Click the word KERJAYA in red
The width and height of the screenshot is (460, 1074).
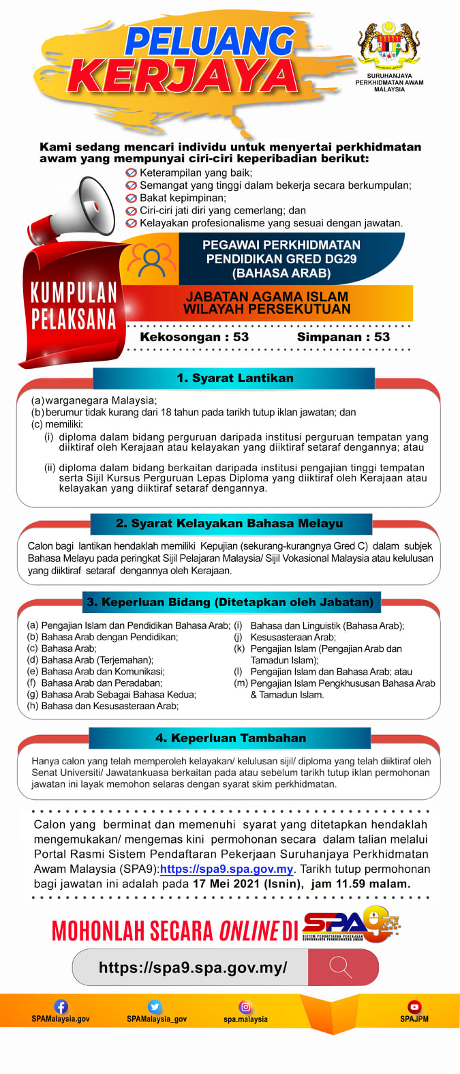[x=183, y=75]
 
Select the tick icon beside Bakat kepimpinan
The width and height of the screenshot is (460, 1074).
[x=132, y=198]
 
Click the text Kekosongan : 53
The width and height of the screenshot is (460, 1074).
[x=194, y=337]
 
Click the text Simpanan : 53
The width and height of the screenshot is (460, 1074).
[x=343, y=337]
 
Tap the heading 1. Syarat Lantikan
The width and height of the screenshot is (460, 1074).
[x=235, y=378]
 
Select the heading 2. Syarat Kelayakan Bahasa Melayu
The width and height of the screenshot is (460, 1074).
[x=230, y=523]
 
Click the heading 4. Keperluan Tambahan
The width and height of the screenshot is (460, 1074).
[x=230, y=738]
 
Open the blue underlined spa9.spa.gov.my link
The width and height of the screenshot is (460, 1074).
[x=226, y=869]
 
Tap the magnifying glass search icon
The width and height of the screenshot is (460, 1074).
[x=340, y=967]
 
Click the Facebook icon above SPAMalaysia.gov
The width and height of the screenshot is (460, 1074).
[x=61, y=1006]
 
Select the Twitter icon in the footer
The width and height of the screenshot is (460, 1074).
[x=155, y=1006]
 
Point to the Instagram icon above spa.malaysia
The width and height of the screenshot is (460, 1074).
[x=245, y=1006]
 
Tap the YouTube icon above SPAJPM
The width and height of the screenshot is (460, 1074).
[x=414, y=1006]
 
